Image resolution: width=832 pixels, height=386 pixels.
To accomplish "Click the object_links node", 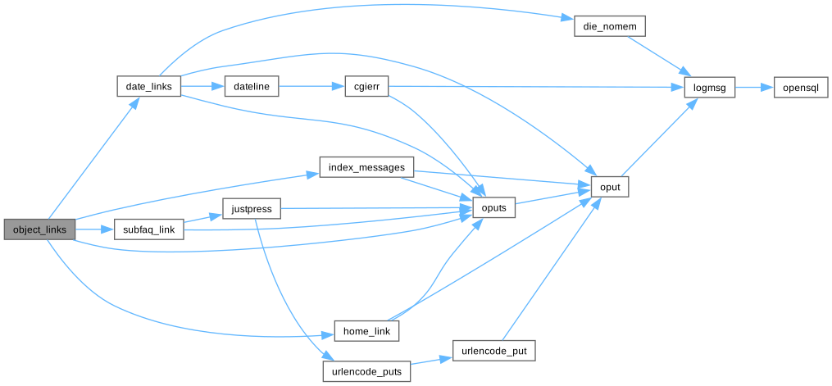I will pos(39,229).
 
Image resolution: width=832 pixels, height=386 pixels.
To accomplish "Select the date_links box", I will pos(148,86).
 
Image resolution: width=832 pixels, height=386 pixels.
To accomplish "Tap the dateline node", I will pos(252,86).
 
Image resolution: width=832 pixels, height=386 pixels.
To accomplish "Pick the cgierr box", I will pos(360,86).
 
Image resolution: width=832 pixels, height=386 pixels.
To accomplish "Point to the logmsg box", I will pos(710,86).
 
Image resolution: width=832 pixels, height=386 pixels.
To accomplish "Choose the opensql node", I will pos(800,86).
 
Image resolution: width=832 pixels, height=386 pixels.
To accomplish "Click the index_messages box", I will pos(366,168).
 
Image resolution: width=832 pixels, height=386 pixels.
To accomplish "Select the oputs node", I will pos(494,209).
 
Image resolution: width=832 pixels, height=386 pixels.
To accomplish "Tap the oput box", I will pos(609,188).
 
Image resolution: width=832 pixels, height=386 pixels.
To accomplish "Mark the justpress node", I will pos(252,209).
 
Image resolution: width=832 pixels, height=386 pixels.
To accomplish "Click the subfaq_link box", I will pos(148,229).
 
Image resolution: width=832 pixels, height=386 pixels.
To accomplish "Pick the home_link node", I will pos(366,331).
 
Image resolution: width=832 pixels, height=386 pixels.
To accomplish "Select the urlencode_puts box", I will pos(366,371).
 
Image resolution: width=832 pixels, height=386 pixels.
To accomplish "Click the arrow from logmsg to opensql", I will pos(754,86).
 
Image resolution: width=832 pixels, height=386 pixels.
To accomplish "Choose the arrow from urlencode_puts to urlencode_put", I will pos(431,361).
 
